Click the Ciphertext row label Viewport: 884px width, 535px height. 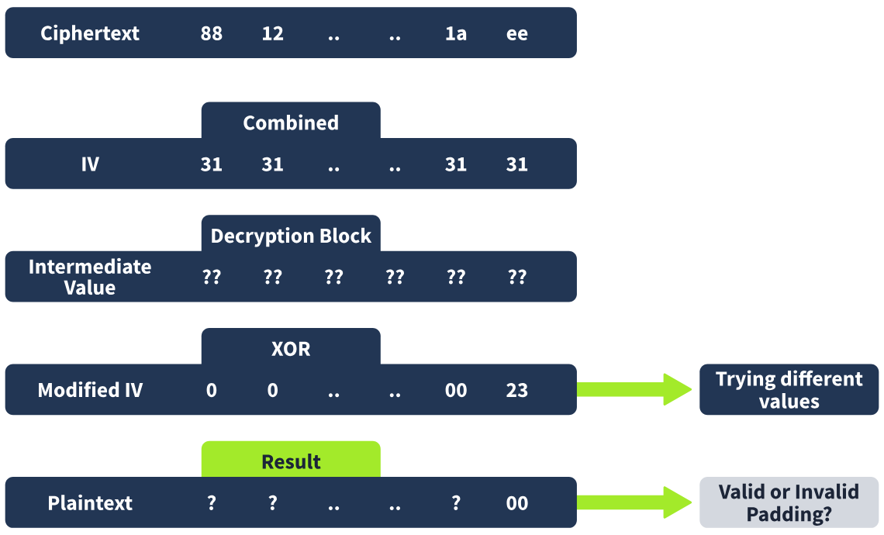90,33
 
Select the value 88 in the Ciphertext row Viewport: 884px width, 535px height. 212,33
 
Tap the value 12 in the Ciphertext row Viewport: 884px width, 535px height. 272,33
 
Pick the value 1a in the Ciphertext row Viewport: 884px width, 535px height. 455,33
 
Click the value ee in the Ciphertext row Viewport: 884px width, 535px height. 517,34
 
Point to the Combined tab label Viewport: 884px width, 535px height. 291,123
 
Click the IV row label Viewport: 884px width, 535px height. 90,164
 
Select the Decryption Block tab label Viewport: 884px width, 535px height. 291,236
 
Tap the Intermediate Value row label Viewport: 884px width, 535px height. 90,277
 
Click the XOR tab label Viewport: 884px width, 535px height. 291,349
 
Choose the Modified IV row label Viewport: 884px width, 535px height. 90,390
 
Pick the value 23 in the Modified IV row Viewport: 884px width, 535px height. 517,390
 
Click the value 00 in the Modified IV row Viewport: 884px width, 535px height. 455,390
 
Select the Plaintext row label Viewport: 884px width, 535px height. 90,503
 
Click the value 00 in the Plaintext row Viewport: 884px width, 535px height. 517,503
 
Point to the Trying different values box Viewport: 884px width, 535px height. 789,389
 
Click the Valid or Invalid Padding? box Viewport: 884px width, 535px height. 789,502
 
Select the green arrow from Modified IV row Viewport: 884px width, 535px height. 634,389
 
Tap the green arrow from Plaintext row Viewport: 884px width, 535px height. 634,502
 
